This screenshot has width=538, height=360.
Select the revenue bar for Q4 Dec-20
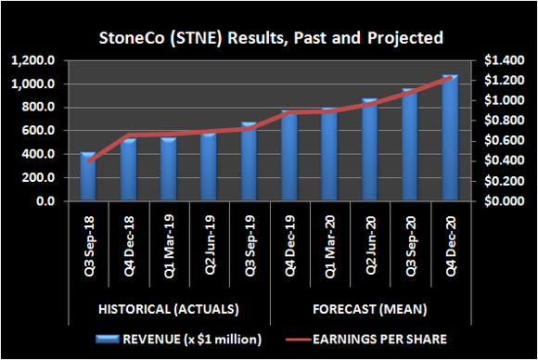(x=450, y=138)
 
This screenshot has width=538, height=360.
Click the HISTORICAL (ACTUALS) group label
(x=169, y=308)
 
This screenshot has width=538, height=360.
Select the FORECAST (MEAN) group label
(x=369, y=308)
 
